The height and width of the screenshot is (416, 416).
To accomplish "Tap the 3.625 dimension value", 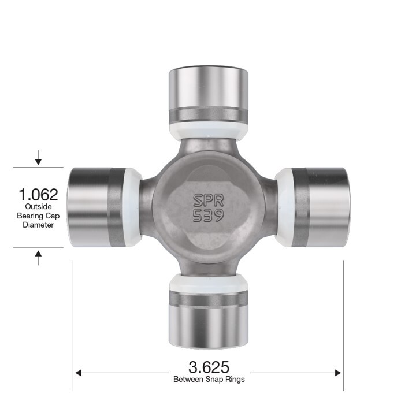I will tap(209, 367).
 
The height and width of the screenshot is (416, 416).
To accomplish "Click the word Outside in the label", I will tap(38, 207).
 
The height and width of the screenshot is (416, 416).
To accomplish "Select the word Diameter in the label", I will tap(38, 225).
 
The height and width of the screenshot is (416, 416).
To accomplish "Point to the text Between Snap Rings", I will tap(209, 380).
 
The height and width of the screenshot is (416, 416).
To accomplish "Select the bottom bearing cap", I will tap(208, 321).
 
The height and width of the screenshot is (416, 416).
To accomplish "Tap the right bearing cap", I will tap(321, 207).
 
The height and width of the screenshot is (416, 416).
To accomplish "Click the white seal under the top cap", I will tap(208, 131).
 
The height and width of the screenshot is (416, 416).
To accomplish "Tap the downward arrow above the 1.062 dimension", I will tap(38, 158).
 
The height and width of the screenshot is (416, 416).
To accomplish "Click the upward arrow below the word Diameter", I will tap(38, 257).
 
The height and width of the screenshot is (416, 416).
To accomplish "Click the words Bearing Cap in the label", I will tap(38, 216).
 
